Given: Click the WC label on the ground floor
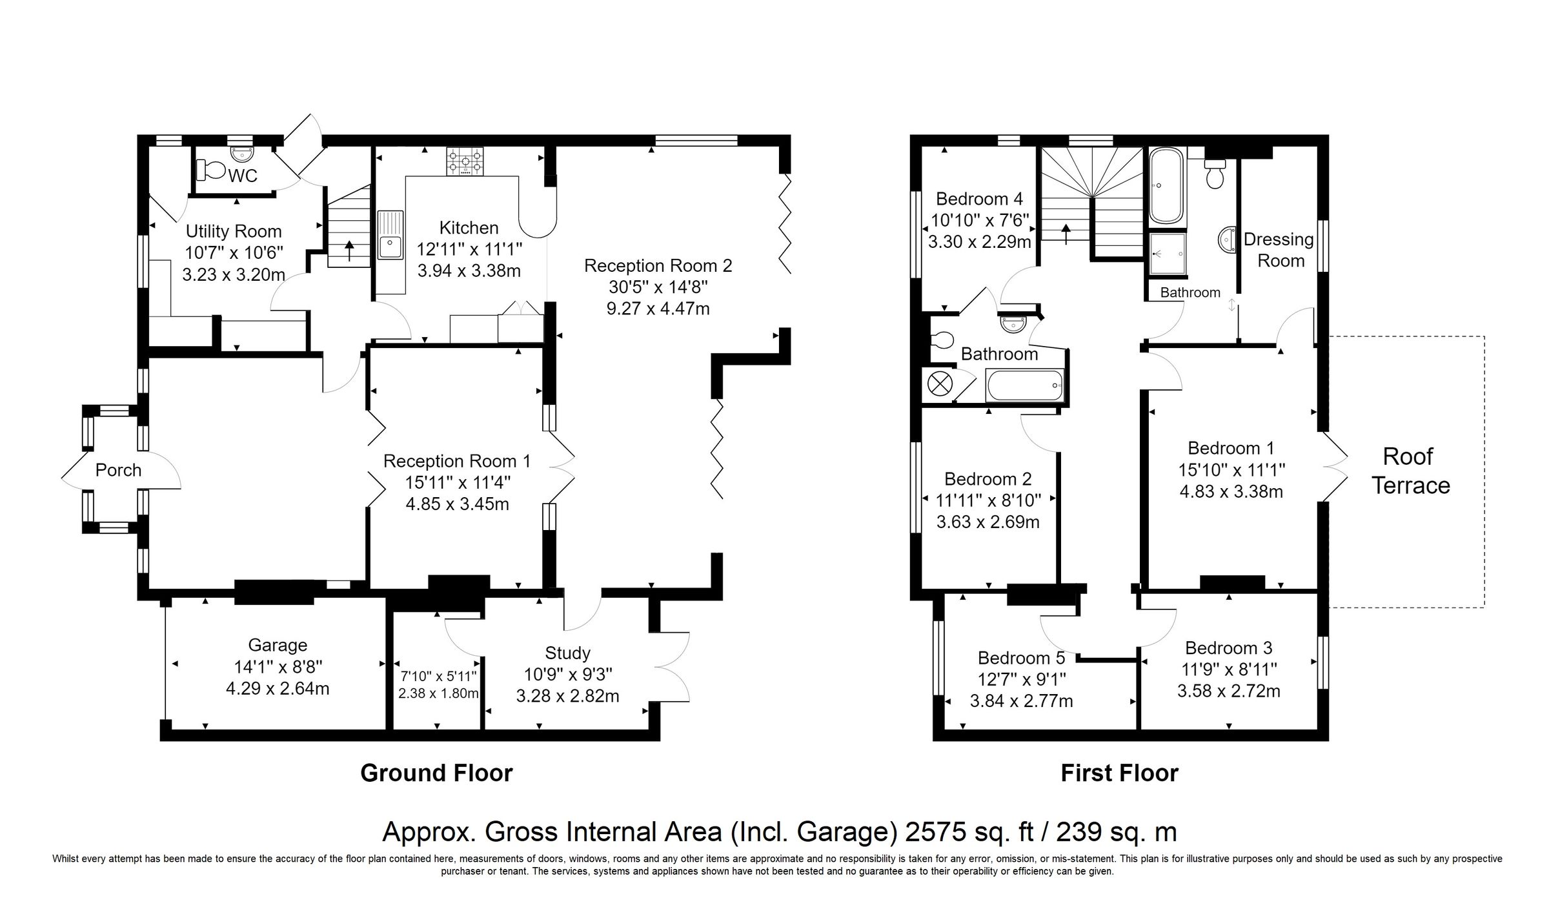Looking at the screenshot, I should coord(243,176).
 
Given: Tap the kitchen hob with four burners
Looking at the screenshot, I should coord(465,161).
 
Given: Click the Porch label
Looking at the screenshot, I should coord(118,470).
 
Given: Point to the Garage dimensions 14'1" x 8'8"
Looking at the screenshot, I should coord(278,666).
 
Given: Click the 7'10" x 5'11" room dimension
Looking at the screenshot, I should coord(438,676).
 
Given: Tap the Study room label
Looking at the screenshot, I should coord(567,653).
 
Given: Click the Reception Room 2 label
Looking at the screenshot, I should coord(658,265).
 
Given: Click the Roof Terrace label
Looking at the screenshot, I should coord(1410,471).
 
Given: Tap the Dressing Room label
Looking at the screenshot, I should coord(1279,250).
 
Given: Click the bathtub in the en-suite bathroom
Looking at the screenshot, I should coord(1167,185).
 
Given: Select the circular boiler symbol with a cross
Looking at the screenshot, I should coord(940,384).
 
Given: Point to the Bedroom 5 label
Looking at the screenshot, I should coord(1021,658).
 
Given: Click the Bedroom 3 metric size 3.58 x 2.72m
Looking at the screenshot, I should coord(1228,691).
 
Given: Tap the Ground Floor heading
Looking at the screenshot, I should coord(436,773).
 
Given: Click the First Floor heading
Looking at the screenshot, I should coord(1119,773).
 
